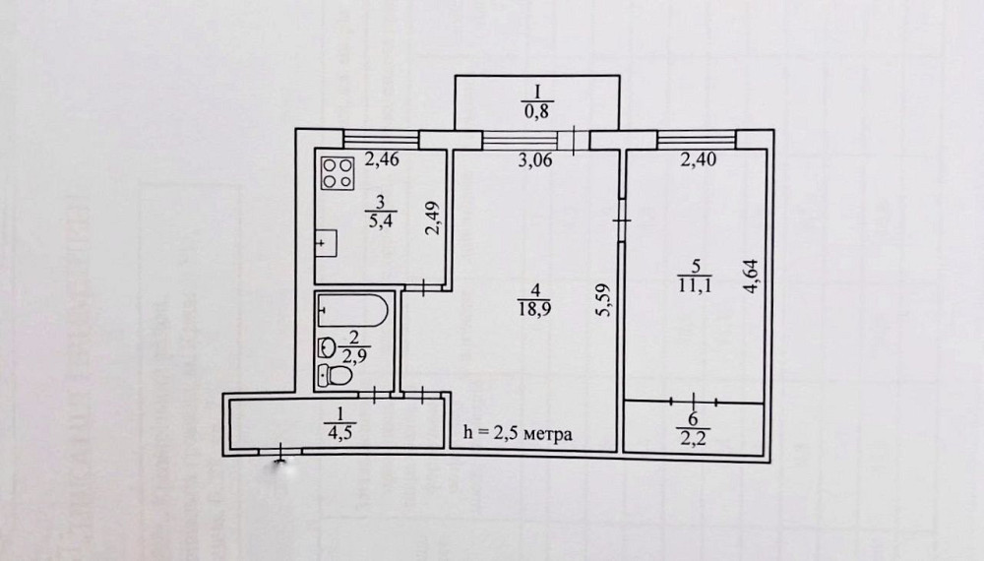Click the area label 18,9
534,308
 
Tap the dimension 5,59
604,295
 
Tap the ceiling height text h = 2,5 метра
518,434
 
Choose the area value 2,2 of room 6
696,436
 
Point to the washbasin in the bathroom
326,346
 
